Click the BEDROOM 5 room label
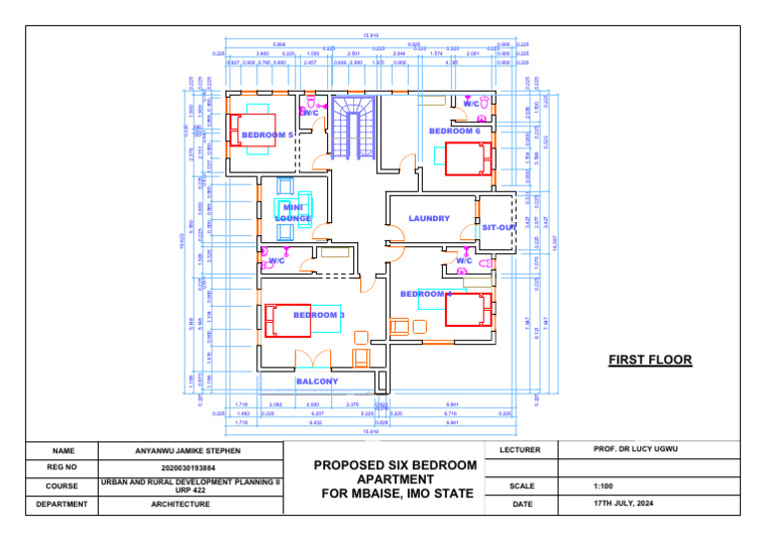point(268,135)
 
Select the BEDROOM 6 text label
point(455,131)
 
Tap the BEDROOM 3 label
point(319,315)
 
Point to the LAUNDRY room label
point(429,218)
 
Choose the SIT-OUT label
point(499,228)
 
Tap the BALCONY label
point(317,382)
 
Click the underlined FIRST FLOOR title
point(650,360)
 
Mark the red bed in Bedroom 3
point(288,320)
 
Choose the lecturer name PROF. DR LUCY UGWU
point(633,450)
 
